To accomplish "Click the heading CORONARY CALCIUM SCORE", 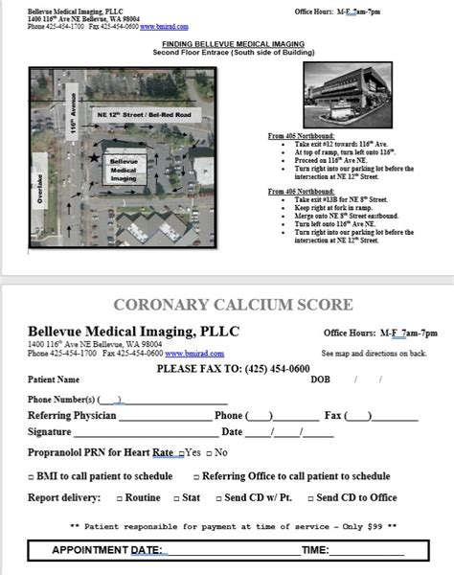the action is point(234,306).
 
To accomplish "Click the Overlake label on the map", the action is point(39,193).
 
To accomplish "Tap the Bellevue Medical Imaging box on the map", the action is point(124,170).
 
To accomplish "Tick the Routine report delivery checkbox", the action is point(120,498).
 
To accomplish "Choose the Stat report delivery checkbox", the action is point(175,498).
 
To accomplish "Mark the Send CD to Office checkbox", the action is point(309,498).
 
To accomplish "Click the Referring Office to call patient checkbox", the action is point(196,476).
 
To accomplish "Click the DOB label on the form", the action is point(320,379).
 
